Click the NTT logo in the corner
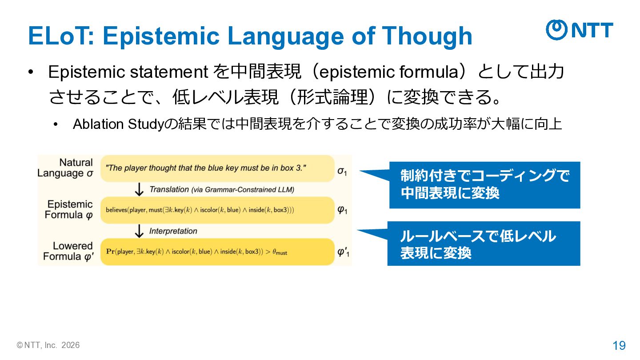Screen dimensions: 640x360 (x=580, y=30)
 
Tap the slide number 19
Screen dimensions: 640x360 (x=619, y=346)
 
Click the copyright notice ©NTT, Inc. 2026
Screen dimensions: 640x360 (x=48, y=345)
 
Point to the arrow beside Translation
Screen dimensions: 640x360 (x=139, y=189)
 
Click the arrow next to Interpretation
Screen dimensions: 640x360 (x=139, y=231)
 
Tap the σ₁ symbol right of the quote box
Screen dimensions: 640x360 (x=342, y=172)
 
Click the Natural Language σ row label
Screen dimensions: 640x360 (x=65, y=168)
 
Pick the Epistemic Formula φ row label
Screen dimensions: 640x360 (x=69, y=210)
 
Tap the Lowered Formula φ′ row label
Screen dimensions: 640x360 (x=68, y=252)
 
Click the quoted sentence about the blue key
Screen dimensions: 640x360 (x=206, y=168)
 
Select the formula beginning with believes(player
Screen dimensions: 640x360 (x=200, y=210)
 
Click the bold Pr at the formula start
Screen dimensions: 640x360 (x=110, y=252)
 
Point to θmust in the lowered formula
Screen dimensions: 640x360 (x=280, y=252)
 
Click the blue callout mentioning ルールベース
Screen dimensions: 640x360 (x=484, y=244)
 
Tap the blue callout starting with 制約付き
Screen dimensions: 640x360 (x=484, y=185)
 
